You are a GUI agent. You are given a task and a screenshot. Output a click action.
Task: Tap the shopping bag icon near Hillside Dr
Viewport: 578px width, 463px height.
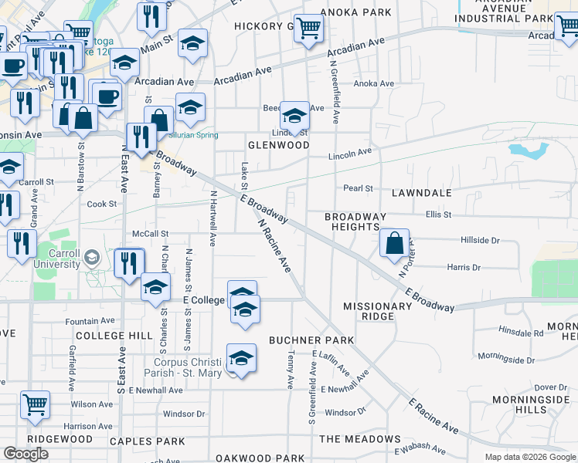tap(395, 243)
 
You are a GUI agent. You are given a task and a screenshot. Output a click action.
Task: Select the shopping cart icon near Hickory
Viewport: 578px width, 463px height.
tap(308, 29)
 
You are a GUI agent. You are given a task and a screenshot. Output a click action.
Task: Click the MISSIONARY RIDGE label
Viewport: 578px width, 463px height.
tap(378, 311)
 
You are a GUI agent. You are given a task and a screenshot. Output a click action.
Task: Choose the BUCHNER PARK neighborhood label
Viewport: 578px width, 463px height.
tap(311, 340)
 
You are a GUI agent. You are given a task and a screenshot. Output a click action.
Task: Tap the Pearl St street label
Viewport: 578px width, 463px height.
tap(359, 188)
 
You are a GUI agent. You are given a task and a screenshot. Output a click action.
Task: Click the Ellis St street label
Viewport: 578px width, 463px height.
tap(437, 214)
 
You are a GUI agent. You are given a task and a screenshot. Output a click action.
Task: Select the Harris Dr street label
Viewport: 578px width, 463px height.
tap(464, 268)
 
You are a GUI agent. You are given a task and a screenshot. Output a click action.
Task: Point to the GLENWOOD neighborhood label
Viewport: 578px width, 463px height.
tap(278, 145)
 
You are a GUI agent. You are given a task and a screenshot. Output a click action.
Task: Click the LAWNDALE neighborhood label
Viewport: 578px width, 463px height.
tap(421, 192)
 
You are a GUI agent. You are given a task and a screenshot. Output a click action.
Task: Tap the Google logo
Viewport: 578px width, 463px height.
tap(26, 454)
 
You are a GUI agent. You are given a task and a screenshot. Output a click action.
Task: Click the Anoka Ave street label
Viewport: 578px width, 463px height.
tap(374, 84)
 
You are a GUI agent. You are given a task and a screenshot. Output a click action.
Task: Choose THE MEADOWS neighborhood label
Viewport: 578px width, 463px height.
tap(360, 439)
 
